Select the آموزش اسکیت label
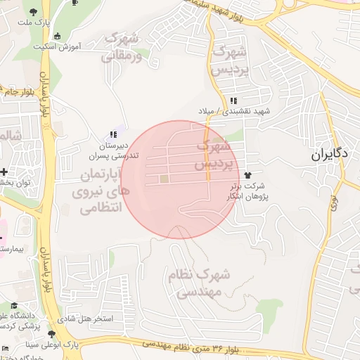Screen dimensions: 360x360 point(57,46)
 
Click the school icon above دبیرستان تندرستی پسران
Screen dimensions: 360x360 point(113,134)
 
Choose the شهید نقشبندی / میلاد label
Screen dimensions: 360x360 point(233,112)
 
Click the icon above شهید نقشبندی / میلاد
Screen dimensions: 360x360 point(233,101)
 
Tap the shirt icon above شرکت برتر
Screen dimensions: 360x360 point(247,174)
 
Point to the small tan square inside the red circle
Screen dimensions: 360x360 point(165,179)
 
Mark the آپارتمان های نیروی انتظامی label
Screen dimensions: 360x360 point(98,190)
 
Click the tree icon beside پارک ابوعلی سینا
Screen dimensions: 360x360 point(51,335)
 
